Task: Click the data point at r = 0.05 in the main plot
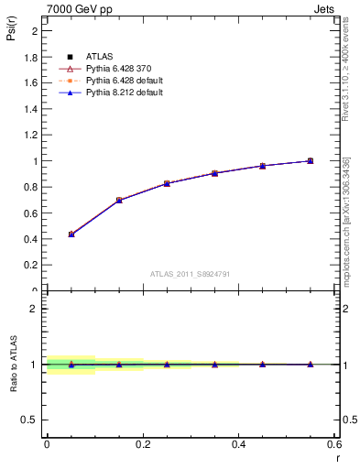(x=71, y=234)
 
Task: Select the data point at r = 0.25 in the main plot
(x=167, y=183)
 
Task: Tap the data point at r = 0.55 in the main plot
(x=311, y=161)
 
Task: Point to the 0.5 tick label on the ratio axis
(x=30, y=420)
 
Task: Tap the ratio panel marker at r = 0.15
(x=119, y=365)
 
